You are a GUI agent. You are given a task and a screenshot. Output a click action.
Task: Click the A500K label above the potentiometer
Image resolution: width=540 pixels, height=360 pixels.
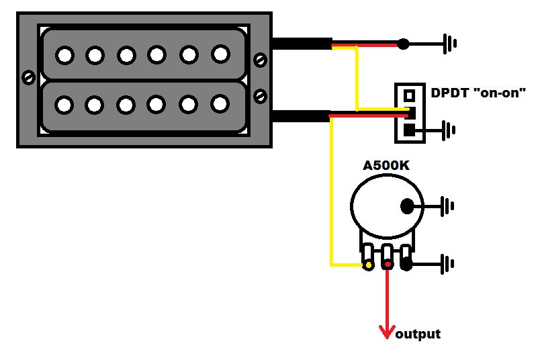click(386, 166)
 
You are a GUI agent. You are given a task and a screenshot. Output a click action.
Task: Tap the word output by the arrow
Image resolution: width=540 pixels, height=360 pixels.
click(418, 334)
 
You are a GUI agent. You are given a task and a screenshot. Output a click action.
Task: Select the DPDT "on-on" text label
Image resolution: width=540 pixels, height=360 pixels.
click(478, 93)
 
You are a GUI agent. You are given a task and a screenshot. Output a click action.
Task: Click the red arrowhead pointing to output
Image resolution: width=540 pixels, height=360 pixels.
click(387, 332)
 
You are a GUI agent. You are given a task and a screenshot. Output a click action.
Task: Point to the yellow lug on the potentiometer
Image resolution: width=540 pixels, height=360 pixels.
click(368, 265)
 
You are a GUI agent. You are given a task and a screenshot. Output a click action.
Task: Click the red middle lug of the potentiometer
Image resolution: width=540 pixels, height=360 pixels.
click(388, 265)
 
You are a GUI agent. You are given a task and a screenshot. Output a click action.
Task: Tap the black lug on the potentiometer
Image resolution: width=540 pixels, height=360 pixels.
click(406, 265)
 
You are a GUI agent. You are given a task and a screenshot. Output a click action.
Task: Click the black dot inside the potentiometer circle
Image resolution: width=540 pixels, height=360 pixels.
click(407, 206)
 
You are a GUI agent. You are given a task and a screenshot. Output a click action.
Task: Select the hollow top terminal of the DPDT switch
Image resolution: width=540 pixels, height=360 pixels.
click(409, 95)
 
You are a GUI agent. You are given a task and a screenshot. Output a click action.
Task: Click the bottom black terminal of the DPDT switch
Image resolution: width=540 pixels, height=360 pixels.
click(409, 130)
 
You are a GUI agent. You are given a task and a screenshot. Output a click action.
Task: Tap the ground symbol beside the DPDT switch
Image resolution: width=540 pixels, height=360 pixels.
click(449, 130)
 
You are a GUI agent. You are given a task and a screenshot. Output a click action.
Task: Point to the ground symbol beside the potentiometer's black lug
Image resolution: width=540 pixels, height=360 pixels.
click(447, 264)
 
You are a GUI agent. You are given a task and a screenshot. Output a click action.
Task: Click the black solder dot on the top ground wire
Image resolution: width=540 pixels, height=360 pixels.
click(403, 44)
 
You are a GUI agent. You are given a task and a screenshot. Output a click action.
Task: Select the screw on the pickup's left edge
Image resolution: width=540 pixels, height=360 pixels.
click(28, 77)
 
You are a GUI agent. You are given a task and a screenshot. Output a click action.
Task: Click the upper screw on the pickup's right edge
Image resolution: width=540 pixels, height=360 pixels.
click(260, 60)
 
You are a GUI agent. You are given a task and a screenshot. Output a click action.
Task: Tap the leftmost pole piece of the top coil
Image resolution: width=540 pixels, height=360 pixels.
click(64, 56)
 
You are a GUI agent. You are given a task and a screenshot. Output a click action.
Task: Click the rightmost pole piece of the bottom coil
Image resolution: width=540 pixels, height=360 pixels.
click(220, 104)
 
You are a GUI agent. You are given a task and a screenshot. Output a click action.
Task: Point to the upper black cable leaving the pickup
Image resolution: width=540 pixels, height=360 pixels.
click(302, 44)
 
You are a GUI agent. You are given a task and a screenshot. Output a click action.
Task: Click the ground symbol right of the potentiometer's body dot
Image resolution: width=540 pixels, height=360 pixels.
click(447, 206)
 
